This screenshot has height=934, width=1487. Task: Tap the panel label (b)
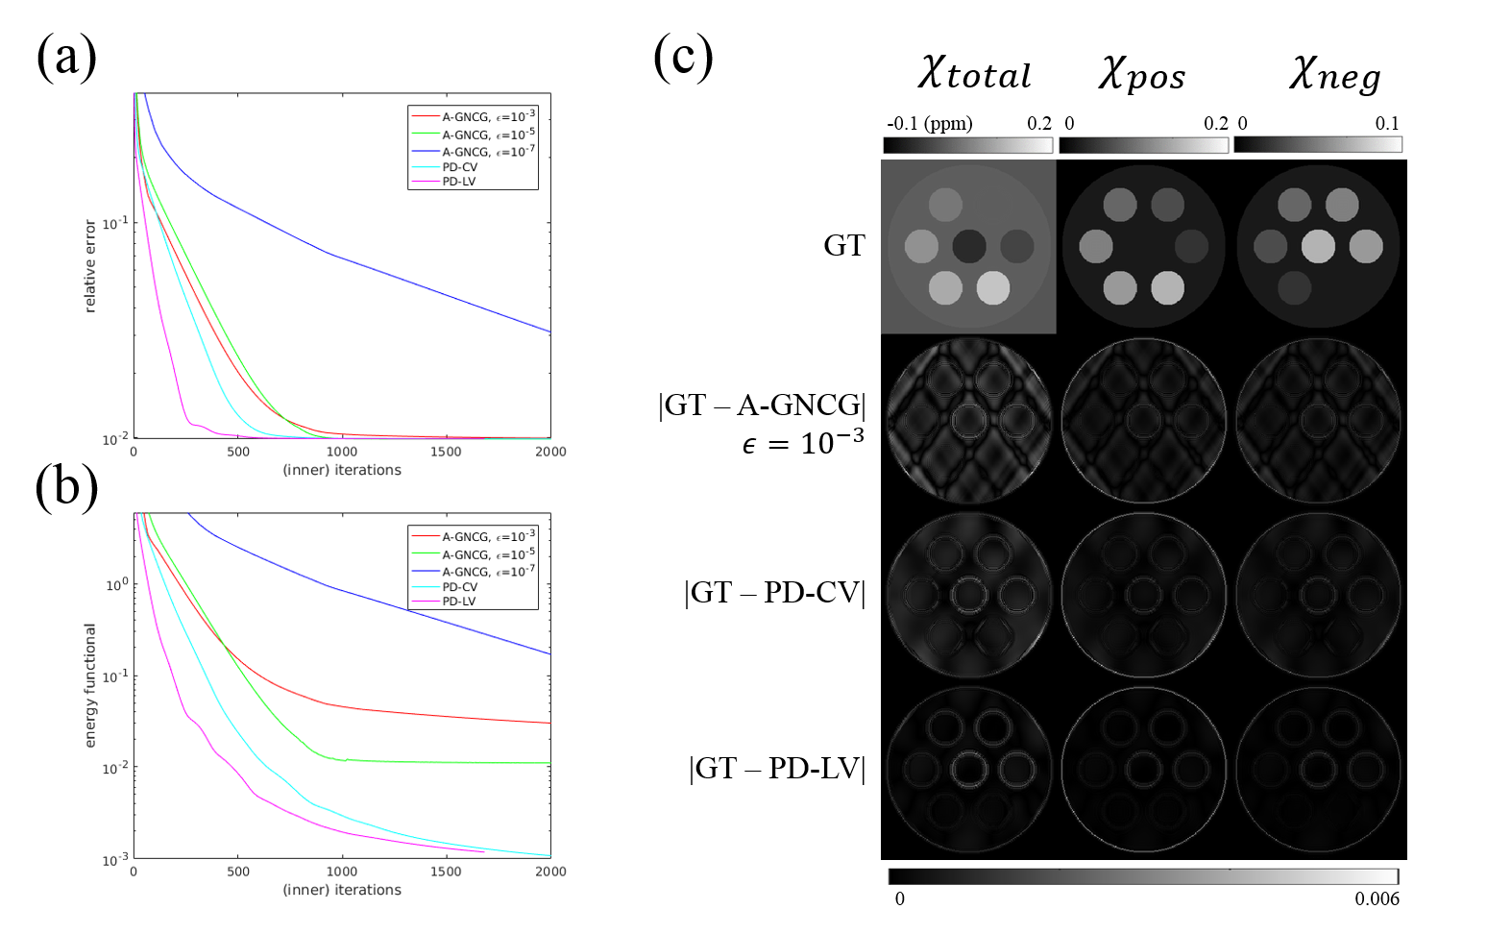[66, 486]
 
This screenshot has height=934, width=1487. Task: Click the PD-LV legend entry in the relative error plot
[458, 182]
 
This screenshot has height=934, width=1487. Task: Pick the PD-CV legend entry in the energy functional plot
[459, 586]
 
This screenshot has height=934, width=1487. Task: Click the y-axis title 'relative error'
[90, 266]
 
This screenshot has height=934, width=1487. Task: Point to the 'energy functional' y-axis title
[90, 685]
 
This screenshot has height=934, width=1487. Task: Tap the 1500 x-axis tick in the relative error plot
[446, 452]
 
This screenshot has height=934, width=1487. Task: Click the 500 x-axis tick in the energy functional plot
[237, 872]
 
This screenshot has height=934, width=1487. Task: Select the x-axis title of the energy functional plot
[342, 890]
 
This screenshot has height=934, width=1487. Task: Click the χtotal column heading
[973, 74]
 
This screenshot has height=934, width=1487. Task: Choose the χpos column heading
[1142, 74]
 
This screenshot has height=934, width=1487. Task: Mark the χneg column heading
[1334, 74]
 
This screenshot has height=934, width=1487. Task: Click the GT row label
[843, 245]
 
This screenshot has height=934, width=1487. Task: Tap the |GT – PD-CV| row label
[774, 592]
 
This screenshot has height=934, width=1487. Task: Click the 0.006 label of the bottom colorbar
[1377, 899]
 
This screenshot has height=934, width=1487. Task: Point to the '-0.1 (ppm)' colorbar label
[929, 123]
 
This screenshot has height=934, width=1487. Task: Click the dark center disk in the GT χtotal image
[969, 246]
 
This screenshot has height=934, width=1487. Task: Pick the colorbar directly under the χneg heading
[1317, 144]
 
